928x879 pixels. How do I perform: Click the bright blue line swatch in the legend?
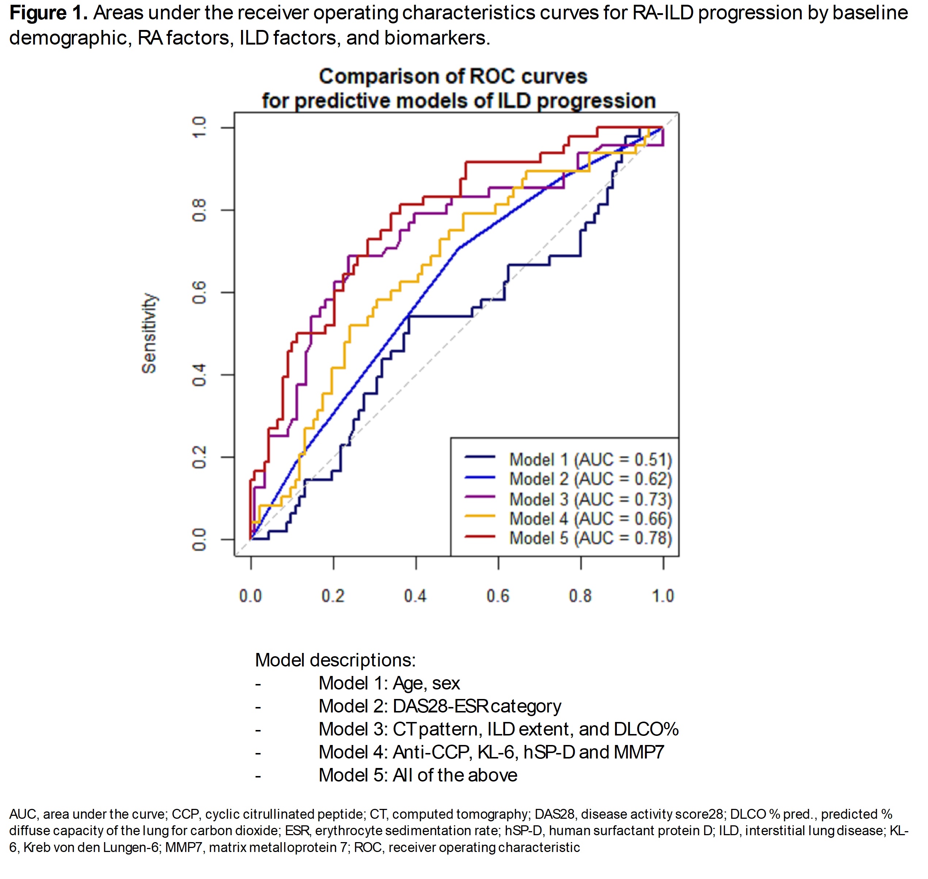coord(480,477)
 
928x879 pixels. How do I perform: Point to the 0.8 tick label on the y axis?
coord(199,210)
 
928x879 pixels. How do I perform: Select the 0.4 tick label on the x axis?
coord(415,596)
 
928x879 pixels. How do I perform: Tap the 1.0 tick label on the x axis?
coord(663,596)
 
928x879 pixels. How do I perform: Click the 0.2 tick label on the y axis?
coord(199,457)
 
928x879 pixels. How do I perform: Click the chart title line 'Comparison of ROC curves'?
coord(453,76)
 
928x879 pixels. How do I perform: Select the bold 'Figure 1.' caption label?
coord(48,13)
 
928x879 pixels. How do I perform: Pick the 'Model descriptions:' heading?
coord(335,660)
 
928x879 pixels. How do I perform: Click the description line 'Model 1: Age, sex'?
coord(389,683)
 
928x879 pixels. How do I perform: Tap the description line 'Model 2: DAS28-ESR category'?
coord(440,706)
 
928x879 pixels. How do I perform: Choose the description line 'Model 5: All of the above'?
coord(417,775)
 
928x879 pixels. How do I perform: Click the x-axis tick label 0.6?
coord(498,596)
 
